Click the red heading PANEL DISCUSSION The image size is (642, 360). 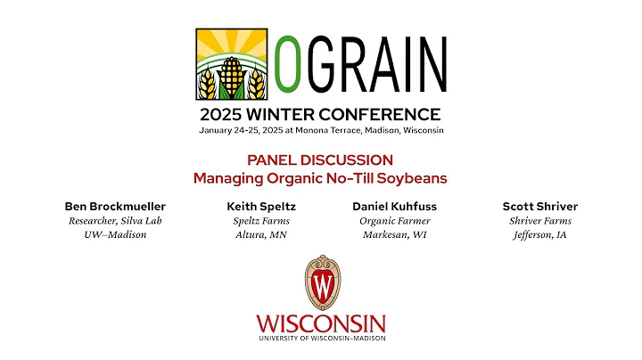tap(320, 160)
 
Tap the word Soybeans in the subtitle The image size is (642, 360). tap(412, 177)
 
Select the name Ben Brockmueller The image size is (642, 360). tap(115, 206)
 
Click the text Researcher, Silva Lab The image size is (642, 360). tap(115, 221)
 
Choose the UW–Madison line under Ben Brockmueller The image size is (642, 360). tap(115, 235)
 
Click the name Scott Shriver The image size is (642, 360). tap(539, 206)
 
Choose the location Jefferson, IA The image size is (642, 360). tap(539, 235)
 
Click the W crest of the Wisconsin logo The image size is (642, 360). tap(321, 282)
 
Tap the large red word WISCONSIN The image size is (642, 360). tap(321, 323)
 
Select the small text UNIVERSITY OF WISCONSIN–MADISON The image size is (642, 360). tap(321, 339)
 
